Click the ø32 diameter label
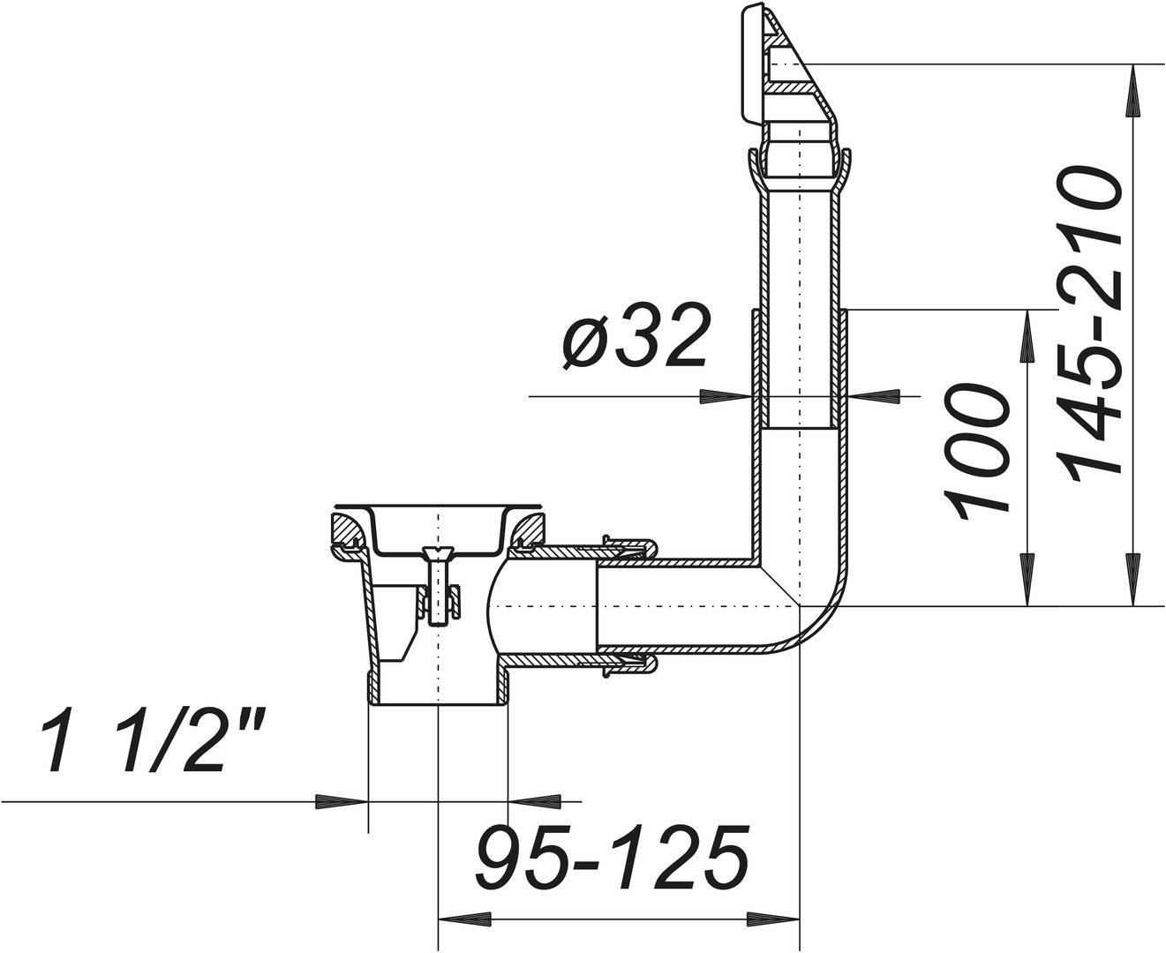[634, 338]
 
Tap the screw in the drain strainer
[438, 586]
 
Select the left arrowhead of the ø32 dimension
[725, 396]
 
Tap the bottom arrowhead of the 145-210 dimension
[1132, 581]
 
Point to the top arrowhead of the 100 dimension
[1027, 335]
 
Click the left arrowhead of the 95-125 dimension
[463, 919]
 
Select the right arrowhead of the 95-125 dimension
[774, 919]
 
